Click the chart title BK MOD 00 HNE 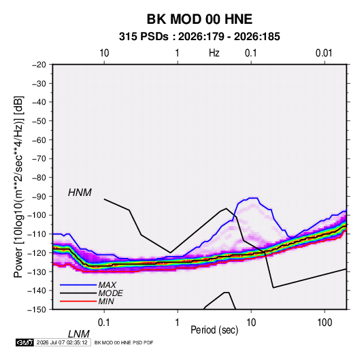[x=199, y=19]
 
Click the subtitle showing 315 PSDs [x=199, y=37]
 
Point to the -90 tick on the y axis [x=39, y=196]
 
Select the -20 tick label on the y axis [x=39, y=65]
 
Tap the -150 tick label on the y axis [x=37, y=310]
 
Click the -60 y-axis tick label [x=39, y=140]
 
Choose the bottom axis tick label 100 [x=325, y=323]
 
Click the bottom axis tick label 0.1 [x=104, y=323]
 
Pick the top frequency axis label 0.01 [x=324, y=53]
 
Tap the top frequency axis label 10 [x=104, y=53]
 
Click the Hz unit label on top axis [x=214, y=53]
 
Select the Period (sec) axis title [x=214, y=330]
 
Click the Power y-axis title [x=18, y=187]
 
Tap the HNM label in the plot [x=80, y=193]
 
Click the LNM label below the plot [x=78, y=334]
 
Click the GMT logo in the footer [x=25, y=342]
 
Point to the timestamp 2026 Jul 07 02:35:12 [x=62, y=342]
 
